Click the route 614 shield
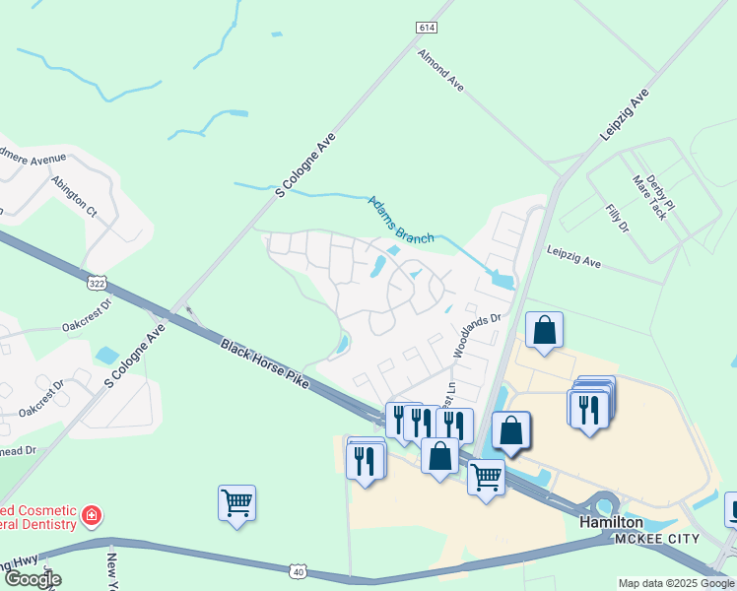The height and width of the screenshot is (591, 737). click(x=426, y=29)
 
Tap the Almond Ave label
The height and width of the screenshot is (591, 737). click(x=440, y=71)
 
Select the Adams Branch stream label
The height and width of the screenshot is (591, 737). click(x=401, y=220)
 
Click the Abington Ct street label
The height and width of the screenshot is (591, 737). click(x=76, y=195)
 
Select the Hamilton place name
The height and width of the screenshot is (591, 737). click(x=611, y=522)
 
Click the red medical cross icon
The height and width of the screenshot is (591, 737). click(x=92, y=515)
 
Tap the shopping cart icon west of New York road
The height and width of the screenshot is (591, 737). click(x=237, y=503)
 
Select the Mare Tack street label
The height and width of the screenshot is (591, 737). click(x=650, y=197)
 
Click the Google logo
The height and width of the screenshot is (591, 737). click(x=33, y=579)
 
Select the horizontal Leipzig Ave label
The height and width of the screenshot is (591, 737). click(x=573, y=258)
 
